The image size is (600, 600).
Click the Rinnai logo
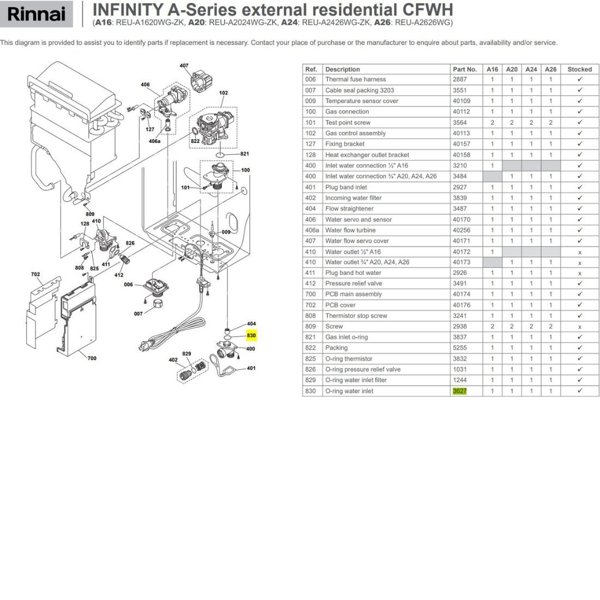click(x=37, y=14)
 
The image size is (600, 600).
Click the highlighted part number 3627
click(x=460, y=391)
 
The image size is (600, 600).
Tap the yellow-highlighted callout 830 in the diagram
click(x=251, y=335)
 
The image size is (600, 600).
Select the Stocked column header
click(x=579, y=69)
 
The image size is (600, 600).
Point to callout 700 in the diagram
click(x=92, y=358)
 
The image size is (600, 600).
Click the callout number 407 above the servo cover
click(x=184, y=65)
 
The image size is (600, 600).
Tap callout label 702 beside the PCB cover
click(x=35, y=274)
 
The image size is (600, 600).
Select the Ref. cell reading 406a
click(x=312, y=230)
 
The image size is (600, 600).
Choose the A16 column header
click(x=492, y=69)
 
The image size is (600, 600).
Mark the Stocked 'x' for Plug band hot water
click(x=580, y=273)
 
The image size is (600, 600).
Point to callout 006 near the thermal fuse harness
click(x=128, y=284)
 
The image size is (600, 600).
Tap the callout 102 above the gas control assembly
click(x=224, y=93)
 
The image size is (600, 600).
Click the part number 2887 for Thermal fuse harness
click(x=460, y=79)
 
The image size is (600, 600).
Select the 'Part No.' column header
click(x=465, y=69)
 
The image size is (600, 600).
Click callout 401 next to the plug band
click(x=251, y=368)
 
